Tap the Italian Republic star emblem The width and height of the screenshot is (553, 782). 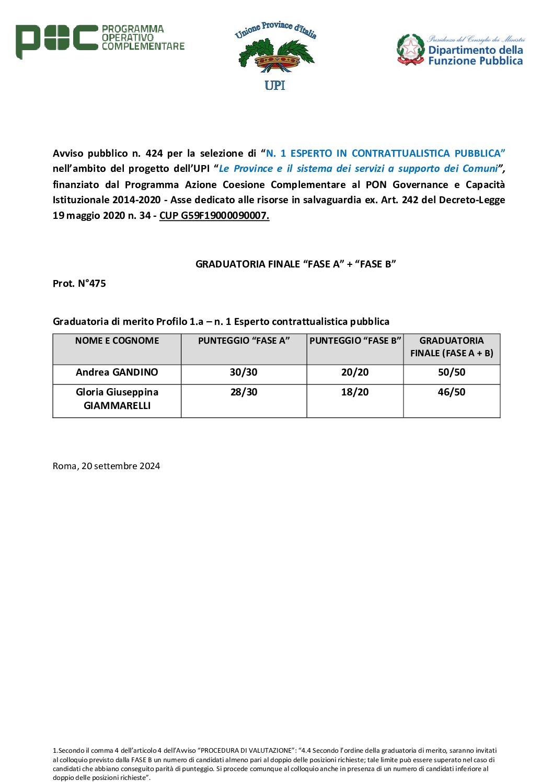point(410,49)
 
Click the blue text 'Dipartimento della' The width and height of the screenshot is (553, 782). point(475,50)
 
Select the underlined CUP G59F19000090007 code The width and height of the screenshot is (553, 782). point(214,215)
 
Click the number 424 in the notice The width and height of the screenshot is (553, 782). point(154,153)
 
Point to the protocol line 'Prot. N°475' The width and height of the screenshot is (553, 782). point(79,283)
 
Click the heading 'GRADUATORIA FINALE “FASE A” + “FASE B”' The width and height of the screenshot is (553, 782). point(295,264)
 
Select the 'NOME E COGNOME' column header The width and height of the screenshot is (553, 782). point(117,341)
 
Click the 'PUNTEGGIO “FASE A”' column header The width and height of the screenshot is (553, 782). point(244,341)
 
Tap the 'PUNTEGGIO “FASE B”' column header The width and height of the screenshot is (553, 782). point(355,341)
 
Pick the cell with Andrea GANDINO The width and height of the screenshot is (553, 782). point(117,372)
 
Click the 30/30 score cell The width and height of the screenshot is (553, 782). point(244,372)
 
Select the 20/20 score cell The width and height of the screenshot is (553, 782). point(355,372)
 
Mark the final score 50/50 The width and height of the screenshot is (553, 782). point(452,372)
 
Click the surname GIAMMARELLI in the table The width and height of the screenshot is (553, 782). point(117,405)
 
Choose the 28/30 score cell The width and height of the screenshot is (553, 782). point(244,392)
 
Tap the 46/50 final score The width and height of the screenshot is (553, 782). point(452,392)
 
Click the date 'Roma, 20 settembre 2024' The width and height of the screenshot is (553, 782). point(106,465)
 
